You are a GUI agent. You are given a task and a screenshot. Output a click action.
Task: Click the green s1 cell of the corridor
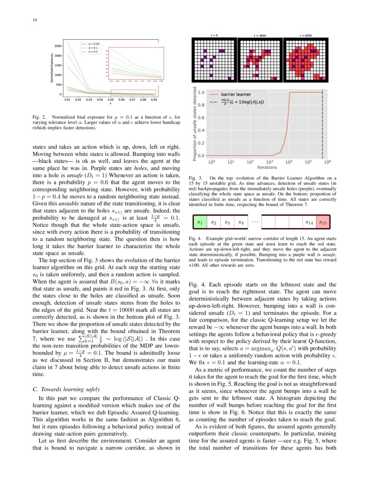200,222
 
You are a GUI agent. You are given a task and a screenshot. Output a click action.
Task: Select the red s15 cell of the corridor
323,222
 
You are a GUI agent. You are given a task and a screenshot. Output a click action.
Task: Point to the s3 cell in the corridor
227,222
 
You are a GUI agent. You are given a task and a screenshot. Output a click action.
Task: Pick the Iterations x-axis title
267,167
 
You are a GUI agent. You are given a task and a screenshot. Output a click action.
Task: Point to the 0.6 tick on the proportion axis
201,118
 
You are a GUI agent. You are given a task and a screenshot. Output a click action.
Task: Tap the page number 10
35,20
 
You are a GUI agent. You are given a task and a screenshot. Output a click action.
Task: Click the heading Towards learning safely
66,389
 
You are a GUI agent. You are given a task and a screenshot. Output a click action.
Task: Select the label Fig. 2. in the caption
40,117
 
